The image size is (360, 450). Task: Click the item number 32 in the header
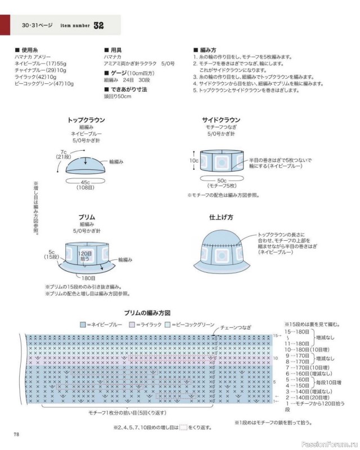[x=99, y=26]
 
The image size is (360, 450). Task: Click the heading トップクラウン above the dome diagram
[x=86, y=120]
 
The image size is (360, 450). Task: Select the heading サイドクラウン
[x=221, y=120]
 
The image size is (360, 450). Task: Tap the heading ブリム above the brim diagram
[x=86, y=217]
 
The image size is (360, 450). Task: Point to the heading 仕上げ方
[x=221, y=217]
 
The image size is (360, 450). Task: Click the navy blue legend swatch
[x=83, y=325]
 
